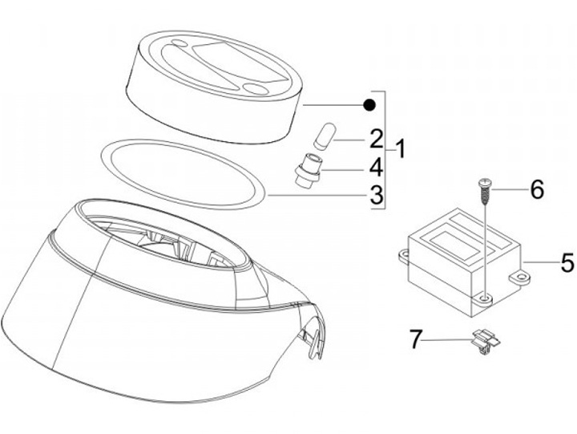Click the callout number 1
[401, 149]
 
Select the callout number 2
[377, 140]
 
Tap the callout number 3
[377, 195]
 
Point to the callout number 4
[377, 168]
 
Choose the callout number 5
[568, 262]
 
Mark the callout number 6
[537, 190]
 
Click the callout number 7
[415, 339]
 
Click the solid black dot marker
[369, 105]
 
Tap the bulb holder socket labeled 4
[308, 170]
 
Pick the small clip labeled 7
[486, 341]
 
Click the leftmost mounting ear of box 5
[404, 255]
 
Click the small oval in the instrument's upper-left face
[180, 43]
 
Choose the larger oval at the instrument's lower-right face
[256, 89]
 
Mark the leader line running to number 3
[318, 195]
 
